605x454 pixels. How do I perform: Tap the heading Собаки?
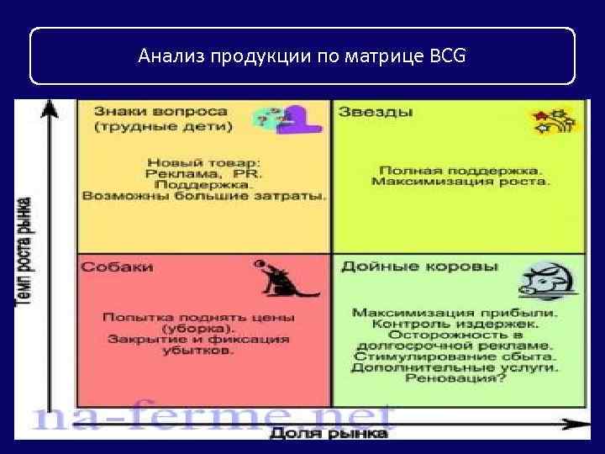tap(117, 267)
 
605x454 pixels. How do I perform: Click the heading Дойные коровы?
tap(418, 267)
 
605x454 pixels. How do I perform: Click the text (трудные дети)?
tap(151, 128)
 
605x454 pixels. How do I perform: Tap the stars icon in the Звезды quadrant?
tap(552, 120)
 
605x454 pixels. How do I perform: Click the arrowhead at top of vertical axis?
tap(52, 108)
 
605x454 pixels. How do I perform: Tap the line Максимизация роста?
tap(460, 181)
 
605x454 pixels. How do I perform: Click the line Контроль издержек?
tap(455, 324)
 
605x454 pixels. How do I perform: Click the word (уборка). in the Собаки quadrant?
tap(198, 328)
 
